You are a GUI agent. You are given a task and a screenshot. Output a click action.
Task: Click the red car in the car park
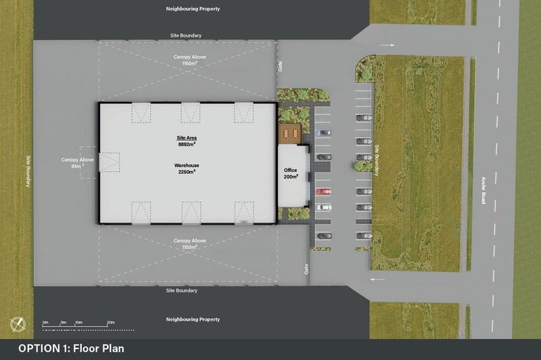pyautogui.click(x=324, y=192)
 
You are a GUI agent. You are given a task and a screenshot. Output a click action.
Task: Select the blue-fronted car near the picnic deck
pyautogui.click(x=323, y=133)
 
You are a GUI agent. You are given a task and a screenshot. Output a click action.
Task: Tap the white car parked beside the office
pyautogui.click(x=324, y=208)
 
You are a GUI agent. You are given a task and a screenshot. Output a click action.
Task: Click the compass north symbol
pyautogui.click(x=18, y=323)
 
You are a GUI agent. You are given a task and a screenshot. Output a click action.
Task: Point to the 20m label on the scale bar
pyautogui.click(x=111, y=322)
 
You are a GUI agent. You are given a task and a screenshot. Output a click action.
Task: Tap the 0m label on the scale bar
pyautogui.click(x=45, y=322)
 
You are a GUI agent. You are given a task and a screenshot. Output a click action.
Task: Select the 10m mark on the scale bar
pyautogui.click(x=78, y=322)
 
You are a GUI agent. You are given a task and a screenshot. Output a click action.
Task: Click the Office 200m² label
pyautogui.click(x=291, y=173)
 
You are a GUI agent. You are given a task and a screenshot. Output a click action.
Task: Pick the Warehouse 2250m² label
pyautogui.click(x=187, y=168)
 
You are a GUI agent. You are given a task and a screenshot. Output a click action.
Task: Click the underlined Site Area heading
pyautogui.click(x=187, y=138)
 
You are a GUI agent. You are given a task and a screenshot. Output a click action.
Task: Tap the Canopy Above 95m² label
pyautogui.click(x=77, y=162)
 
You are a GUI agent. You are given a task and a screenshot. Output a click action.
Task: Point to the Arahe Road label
pyautogui.click(x=484, y=191)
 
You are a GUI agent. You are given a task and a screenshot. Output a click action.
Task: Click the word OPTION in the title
pyautogui.click(x=39, y=348)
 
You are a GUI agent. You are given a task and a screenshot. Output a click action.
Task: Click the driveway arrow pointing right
pyautogui.click(x=387, y=45)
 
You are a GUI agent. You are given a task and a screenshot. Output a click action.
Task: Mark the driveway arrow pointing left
pyautogui.click(x=377, y=279)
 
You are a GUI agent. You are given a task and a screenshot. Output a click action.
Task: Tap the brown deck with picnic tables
pyautogui.click(x=290, y=133)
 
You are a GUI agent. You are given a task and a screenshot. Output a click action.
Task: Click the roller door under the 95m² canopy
pyautogui.click(x=110, y=162)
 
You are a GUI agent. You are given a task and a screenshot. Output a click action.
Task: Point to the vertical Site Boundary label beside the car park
pyautogui.click(x=377, y=160)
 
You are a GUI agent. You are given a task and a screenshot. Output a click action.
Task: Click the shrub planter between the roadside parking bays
pyautogui.click(x=363, y=166)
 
